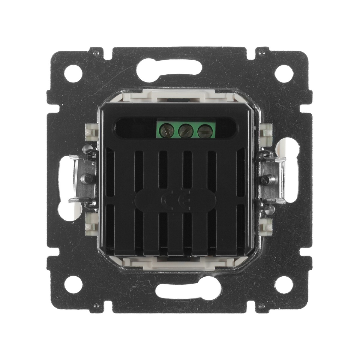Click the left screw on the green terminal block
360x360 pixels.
pyautogui.click(x=167, y=130)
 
